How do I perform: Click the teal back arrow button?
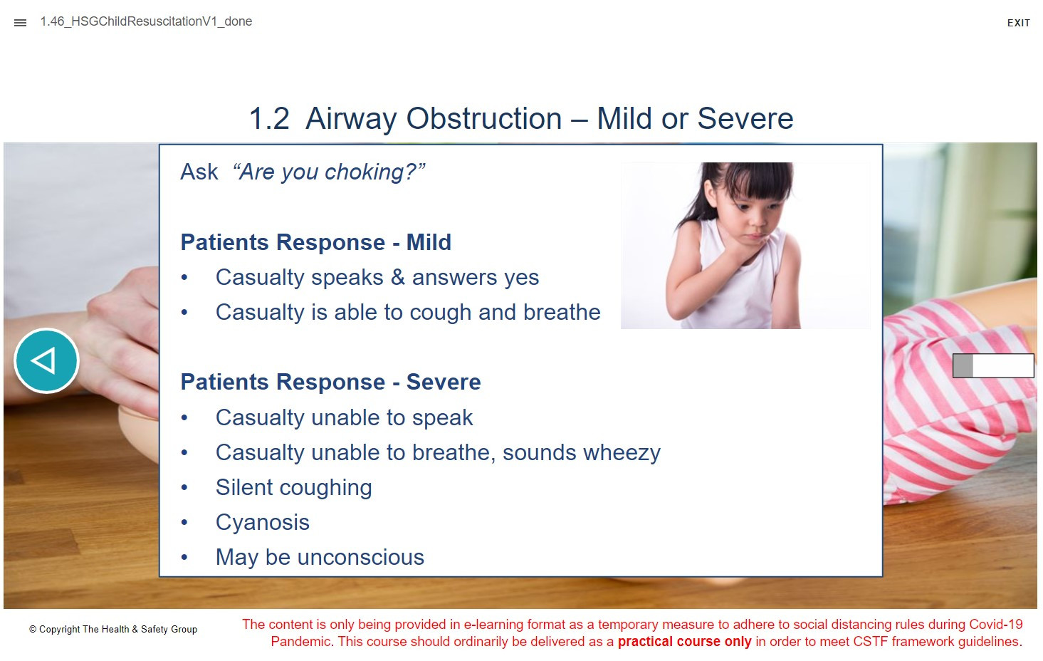[x=46, y=361]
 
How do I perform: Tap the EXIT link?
[x=1018, y=23]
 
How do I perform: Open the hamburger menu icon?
[x=20, y=22]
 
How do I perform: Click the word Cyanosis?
[x=262, y=522]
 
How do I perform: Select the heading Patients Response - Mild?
[x=315, y=242]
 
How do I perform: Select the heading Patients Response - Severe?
[x=330, y=382]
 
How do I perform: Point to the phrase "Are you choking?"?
[x=329, y=172]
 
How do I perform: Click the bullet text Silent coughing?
[x=294, y=488]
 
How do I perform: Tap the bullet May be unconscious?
[x=320, y=557]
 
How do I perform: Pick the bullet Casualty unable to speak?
[x=344, y=417]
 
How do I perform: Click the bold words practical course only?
[x=684, y=642]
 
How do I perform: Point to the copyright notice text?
[x=113, y=630]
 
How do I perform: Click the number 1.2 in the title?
[x=269, y=118]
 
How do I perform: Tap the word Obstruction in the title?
[x=484, y=118]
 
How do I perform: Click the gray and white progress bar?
[x=993, y=365]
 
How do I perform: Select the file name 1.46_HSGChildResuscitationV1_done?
[x=146, y=21]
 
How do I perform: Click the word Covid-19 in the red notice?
[x=996, y=624]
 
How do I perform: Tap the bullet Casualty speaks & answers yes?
[x=377, y=278]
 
